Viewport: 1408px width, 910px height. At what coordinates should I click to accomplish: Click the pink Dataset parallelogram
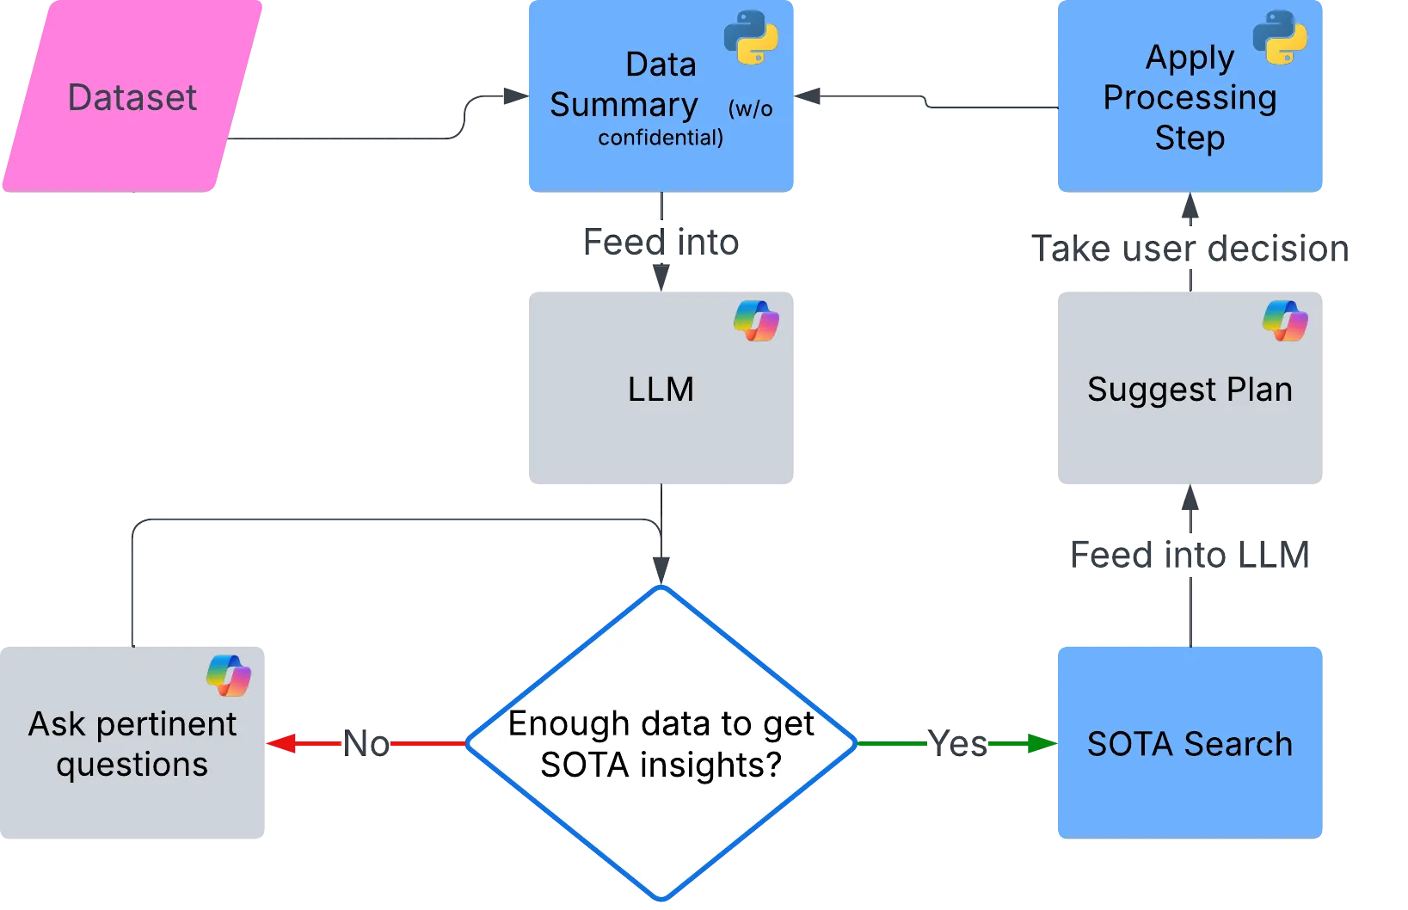tap(132, 96)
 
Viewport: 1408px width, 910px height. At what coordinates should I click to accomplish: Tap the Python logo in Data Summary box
tap(751, 38)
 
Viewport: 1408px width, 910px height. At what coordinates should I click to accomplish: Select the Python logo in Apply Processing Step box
tap(1280, 38)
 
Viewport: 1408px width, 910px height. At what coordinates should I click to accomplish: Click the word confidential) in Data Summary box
tap(661, 138)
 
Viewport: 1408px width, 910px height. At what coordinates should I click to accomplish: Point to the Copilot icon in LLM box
tap(756, 321)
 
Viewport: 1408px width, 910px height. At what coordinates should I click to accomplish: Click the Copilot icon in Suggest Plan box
tap(1285, 321)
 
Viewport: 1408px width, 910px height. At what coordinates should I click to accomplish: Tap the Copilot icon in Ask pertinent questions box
tap(229, 675)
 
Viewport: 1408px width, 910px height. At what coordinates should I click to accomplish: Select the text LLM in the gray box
tap(661, 390)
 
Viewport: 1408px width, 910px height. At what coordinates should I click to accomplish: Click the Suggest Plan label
tap(1190, 390)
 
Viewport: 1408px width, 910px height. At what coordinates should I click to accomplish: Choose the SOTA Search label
tap(1190, 744)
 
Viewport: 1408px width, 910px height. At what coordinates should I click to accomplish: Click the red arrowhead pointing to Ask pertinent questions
tap(281, 743)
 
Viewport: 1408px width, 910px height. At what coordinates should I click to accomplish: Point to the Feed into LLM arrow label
tap(1190, 555)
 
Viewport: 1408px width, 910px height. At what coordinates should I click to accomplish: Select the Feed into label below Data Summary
tap(662, 243)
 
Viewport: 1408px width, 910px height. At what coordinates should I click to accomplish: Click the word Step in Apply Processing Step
tap(1190, 138)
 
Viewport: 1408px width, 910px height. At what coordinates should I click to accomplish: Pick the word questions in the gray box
tap(132, 765)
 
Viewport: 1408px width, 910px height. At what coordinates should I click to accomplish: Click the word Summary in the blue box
tap(624, 105)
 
